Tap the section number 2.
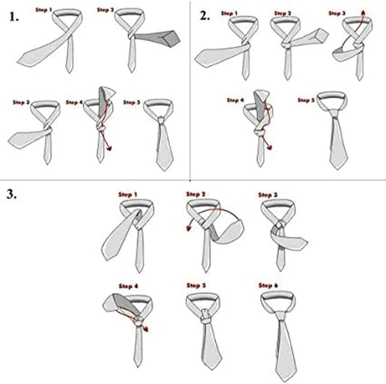coord(205,16)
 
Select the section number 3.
coord(13,194)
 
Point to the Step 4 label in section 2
coord(235,100)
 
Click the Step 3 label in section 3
coord(268,195)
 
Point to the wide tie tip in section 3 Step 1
coord(107,252)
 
